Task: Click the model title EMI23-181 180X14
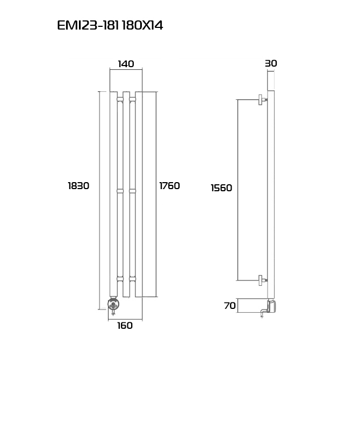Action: click(x=110, y=25)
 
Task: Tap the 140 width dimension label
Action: click(x=126, y=64)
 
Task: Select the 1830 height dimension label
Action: click(x=78, y=186)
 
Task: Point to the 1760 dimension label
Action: click(x=169, y=186)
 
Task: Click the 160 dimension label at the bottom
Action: click(x=125, y=326)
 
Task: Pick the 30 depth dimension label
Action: click(x=271, y=63)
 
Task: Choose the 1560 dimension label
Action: click(x=221, y=188)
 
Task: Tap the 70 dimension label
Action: click(x=230, y=305)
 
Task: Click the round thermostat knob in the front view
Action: click(x=113, y=304)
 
